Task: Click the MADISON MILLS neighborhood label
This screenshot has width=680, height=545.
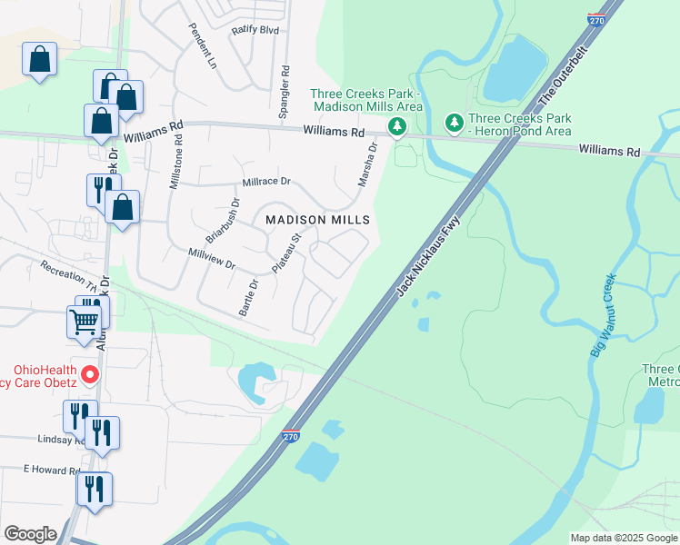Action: [317, 220]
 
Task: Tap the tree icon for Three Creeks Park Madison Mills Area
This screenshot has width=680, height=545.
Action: [396, 128]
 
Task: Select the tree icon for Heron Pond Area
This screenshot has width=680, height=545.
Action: [454, 122]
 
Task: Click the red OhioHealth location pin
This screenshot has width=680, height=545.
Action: [90, 374]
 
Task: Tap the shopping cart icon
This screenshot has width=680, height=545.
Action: [84, 321]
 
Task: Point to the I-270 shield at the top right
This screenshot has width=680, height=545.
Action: [596, 19]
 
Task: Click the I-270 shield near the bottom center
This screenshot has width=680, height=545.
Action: [291, 438]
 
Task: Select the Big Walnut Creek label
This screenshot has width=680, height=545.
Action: [603, 314]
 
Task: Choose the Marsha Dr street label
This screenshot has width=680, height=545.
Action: [366, 164]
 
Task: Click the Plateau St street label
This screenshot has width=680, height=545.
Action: [286, 253]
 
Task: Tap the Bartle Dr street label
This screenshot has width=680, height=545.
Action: [248, 297]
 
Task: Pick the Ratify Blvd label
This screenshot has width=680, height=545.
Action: [255, 30]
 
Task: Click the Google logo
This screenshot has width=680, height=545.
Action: [31, 534]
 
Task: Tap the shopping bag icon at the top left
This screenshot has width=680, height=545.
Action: [39, 60]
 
